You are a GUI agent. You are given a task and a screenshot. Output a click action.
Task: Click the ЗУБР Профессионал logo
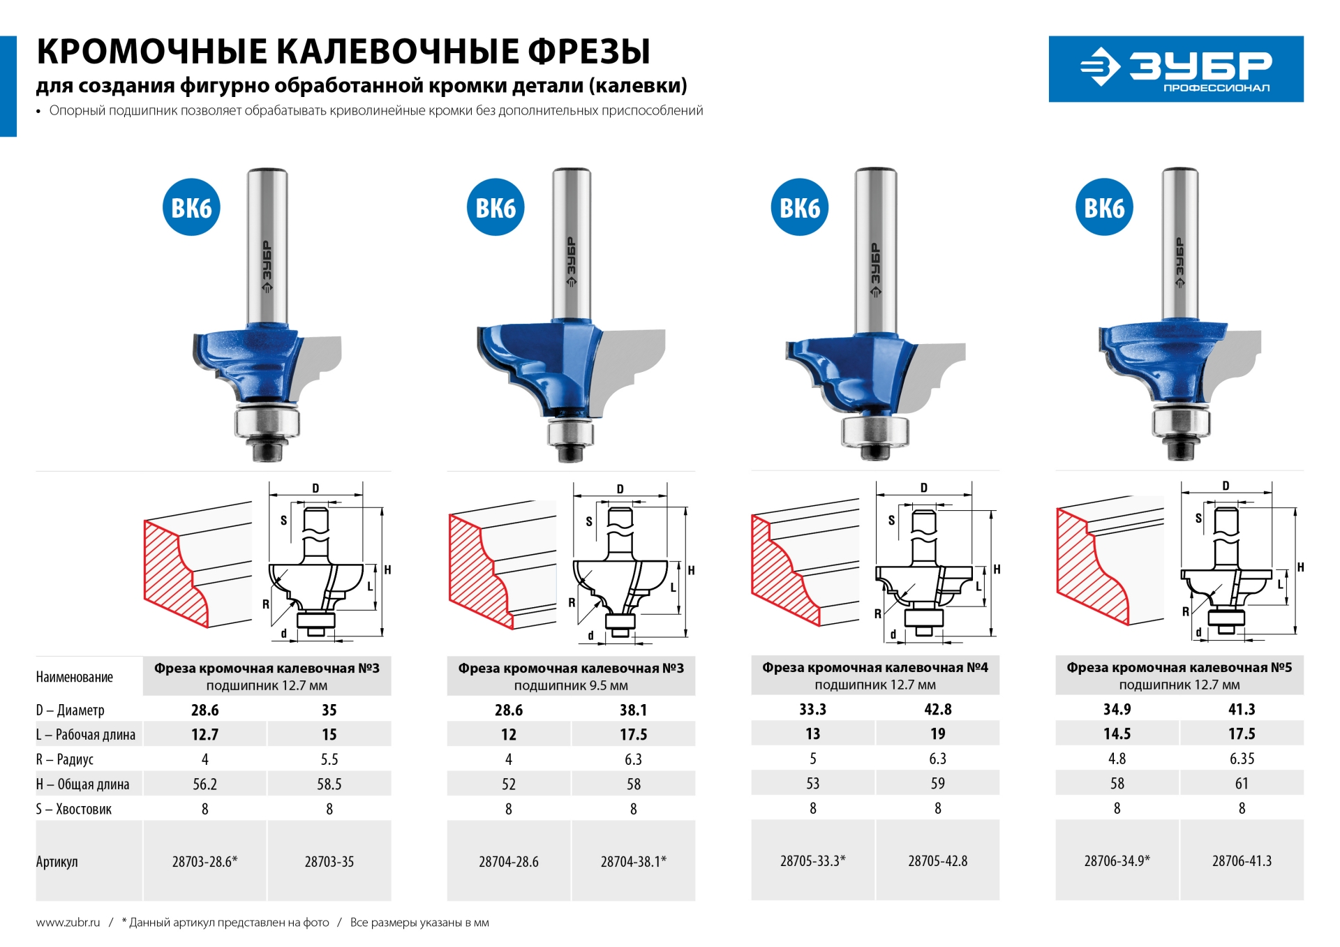pos(1175,69)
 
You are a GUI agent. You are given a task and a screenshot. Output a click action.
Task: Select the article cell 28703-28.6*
pos(204,861)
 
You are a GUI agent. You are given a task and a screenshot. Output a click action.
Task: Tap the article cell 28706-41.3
pos(1241,860)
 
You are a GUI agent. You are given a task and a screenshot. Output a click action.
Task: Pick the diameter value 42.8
pos(937,709)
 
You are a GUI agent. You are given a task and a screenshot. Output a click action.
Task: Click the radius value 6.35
pos(1241,759)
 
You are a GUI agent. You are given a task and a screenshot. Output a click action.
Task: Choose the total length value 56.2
pos(204,784)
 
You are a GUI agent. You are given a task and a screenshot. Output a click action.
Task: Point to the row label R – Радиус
pos(65,759)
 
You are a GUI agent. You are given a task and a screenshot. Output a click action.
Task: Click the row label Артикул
pos(57,861)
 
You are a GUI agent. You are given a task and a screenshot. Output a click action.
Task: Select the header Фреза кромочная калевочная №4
pos(874,668)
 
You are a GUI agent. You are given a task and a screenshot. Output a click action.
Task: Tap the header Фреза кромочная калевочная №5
pos(1179,668)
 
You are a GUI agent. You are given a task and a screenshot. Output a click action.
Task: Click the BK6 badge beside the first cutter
pos(191,207)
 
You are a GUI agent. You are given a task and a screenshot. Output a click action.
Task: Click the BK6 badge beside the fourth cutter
pos(1104,207)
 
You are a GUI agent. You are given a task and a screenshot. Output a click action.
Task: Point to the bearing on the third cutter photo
pos(874,431)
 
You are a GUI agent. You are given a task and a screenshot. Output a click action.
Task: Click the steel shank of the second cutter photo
pos(572,244)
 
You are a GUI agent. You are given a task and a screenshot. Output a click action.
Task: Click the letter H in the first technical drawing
pos(387,569)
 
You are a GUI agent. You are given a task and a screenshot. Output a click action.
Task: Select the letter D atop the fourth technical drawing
pos(1226,486)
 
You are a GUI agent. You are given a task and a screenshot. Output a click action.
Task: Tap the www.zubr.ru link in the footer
pos(68,923)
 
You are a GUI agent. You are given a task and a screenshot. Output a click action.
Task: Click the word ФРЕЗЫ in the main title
pos(588,52)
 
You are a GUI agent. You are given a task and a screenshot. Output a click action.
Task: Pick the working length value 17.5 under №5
pos(1241,733)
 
